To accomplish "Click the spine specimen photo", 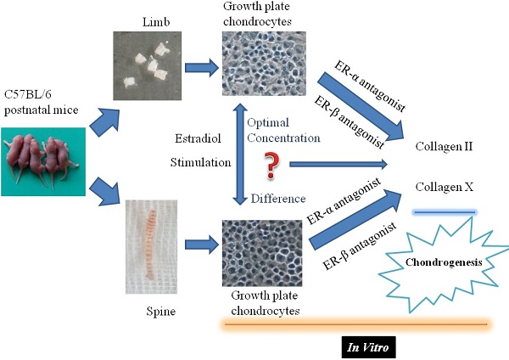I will point(150,255).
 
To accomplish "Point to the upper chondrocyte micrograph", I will point(262,70).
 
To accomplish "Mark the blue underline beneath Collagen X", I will point(444,213).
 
